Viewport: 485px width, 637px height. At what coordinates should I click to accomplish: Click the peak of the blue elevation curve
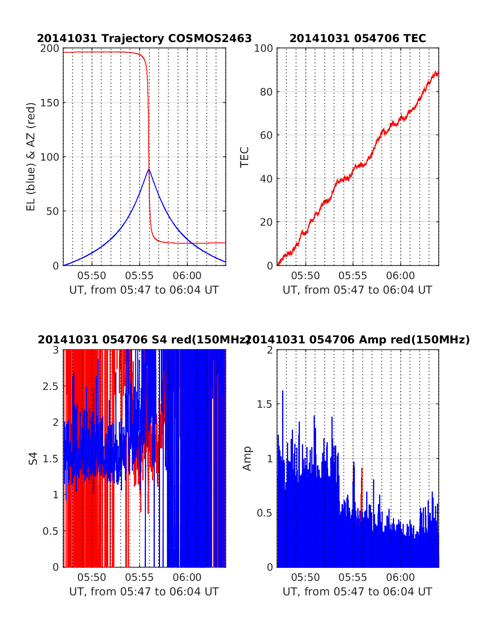click(x=149, y=169)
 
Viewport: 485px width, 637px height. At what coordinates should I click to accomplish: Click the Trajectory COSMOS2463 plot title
click(x=144, y=38)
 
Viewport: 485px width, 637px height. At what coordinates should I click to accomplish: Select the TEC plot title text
click(x=358, y=38)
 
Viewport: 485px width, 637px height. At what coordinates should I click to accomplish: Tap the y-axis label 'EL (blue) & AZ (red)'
click(x=31, y=157)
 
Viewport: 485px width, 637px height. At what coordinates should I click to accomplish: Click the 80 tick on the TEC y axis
click(x=266, y=92)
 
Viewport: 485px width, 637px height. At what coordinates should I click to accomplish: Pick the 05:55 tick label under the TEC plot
click(x=352, y=276)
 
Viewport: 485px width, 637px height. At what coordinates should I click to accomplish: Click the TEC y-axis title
click(x=245, y=157)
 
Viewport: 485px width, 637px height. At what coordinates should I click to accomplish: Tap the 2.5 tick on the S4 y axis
click(x=51, y=386)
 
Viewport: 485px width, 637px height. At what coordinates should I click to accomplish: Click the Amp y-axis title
click(x=247, y=458)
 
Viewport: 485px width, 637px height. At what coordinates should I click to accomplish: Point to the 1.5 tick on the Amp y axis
click(x=265, y=404)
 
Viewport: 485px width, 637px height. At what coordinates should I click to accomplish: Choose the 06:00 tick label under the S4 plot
click(x=187, y=578)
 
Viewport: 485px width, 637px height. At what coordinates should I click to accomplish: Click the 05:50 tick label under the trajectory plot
click(x=92, y=276)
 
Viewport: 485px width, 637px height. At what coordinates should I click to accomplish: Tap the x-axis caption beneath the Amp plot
click(x=357, y=592)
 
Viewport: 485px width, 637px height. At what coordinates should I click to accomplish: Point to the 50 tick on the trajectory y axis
click(x=52, y=211)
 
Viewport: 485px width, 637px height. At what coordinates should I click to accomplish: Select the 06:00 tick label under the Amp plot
click(x=401, y=578)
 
